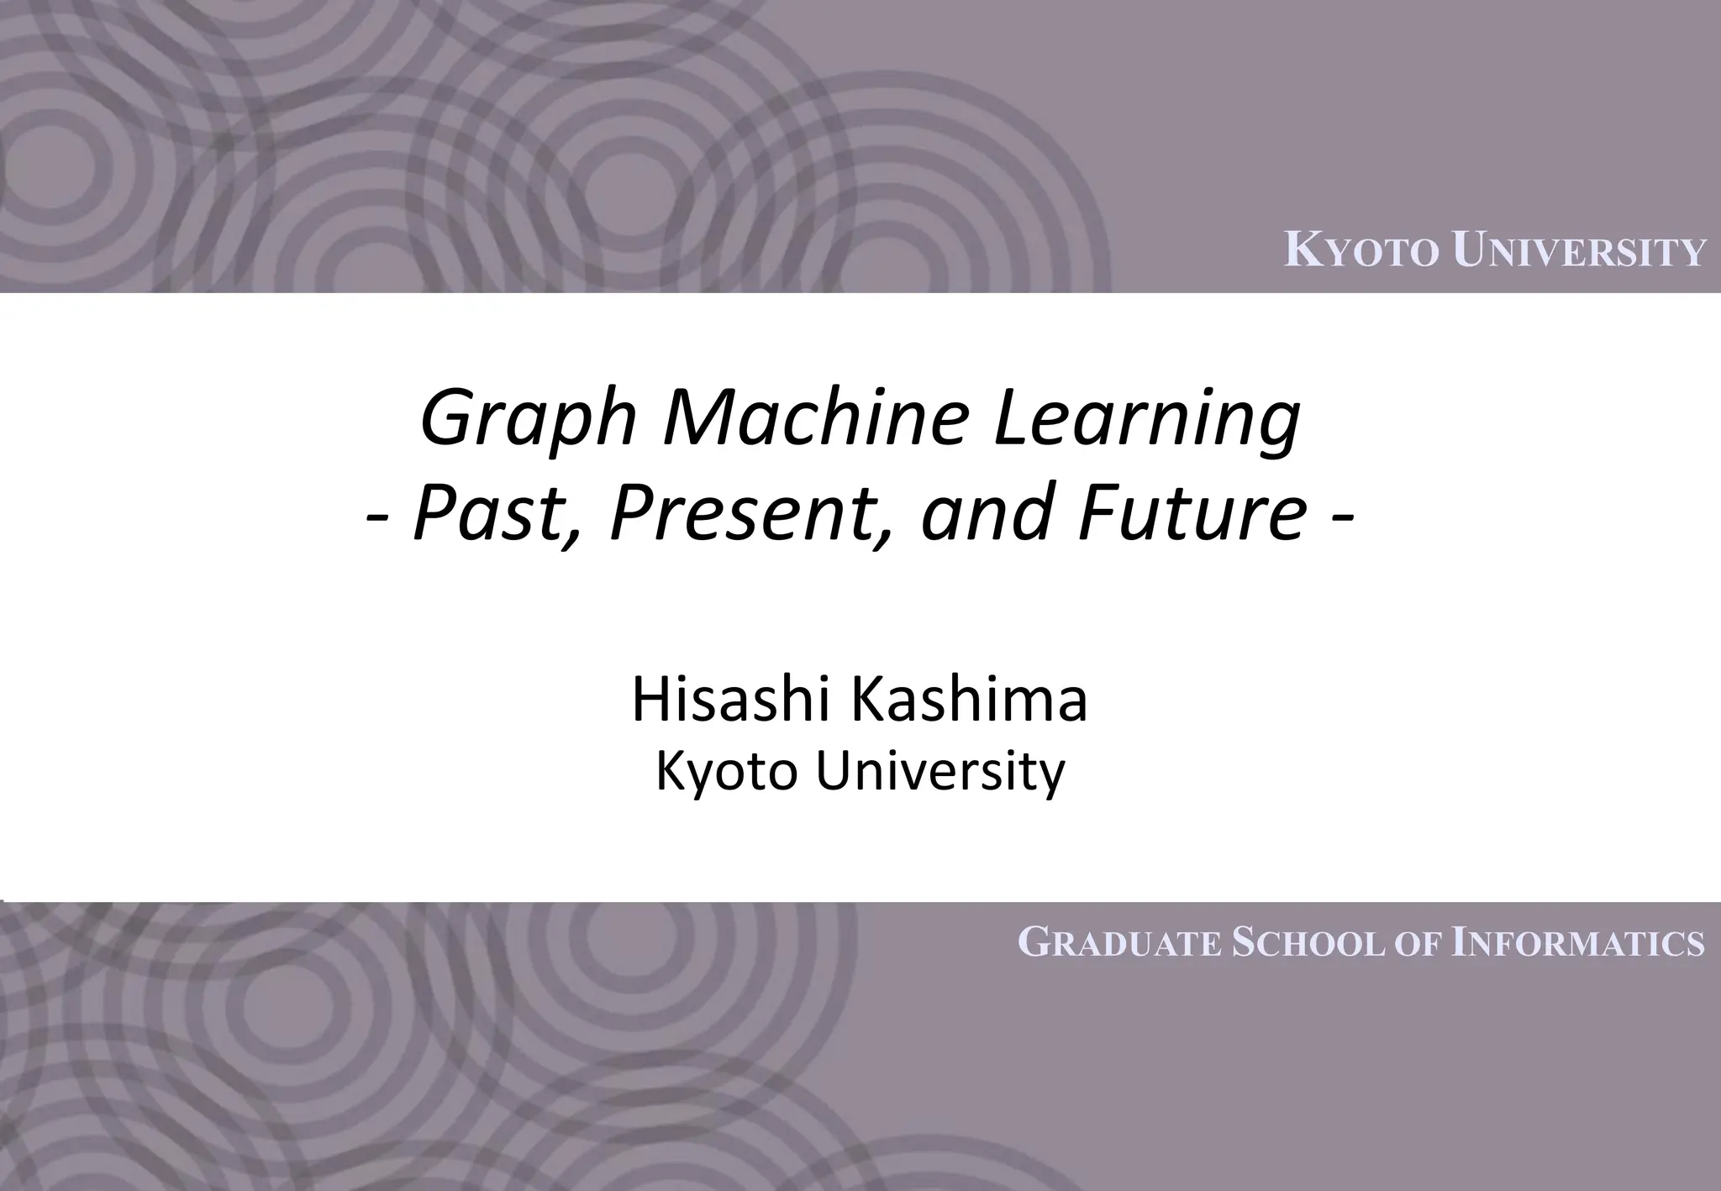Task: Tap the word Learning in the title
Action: pyautogui.click(x=1146, y=420)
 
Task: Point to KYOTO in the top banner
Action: pyautogui.click(x=1361, y=252)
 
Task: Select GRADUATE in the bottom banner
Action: pyautogui.click(x=1118, y=943)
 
